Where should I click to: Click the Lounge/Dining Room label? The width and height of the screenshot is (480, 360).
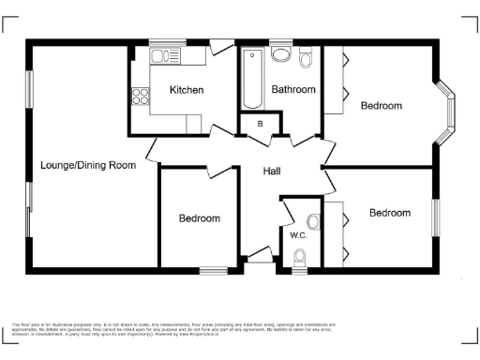(x=87, y=165)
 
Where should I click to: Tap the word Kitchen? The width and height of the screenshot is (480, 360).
(x=186, y=90)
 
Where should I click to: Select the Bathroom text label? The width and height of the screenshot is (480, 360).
(x=293, y=89)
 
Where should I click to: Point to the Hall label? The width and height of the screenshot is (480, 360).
(x=272, y=171)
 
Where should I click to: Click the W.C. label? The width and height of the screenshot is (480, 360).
(x=298, y=234)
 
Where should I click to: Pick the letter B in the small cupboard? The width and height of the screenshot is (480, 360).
(x=260, y=124)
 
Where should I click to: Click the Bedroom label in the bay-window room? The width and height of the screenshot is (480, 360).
(x=381, y=106)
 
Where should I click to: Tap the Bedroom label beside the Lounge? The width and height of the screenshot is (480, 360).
(x=200, y=218)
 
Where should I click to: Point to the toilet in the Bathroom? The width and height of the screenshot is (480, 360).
(x=306, y=59)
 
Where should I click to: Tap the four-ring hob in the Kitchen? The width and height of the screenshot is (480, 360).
(x=141, y=96)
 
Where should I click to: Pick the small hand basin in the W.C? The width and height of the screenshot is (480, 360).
(x=313, y=221)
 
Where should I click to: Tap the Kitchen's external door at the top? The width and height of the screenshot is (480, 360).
(x=221, y=45)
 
